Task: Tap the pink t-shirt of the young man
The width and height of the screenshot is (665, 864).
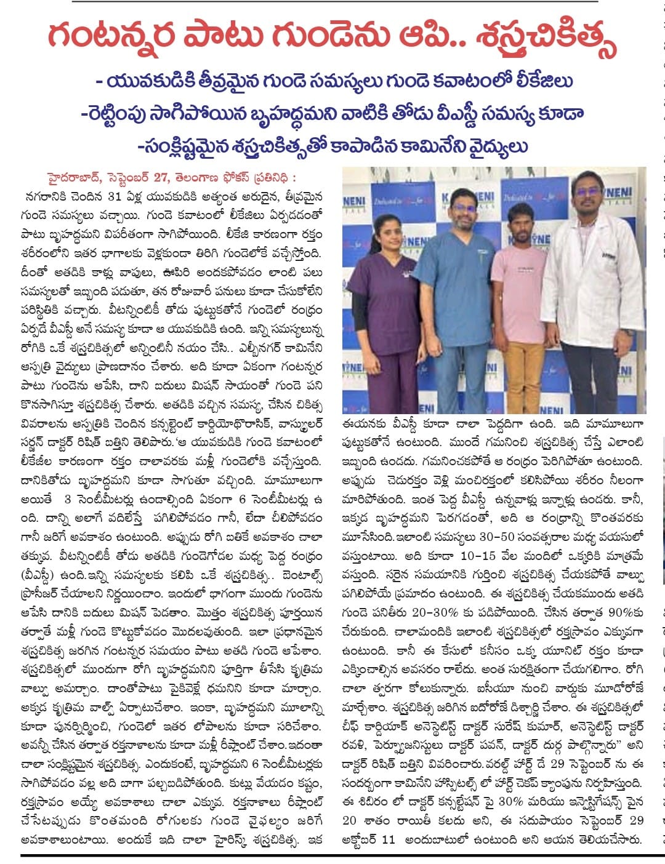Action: [519, 283]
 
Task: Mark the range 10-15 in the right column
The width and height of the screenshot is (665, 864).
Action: [478, 556]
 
